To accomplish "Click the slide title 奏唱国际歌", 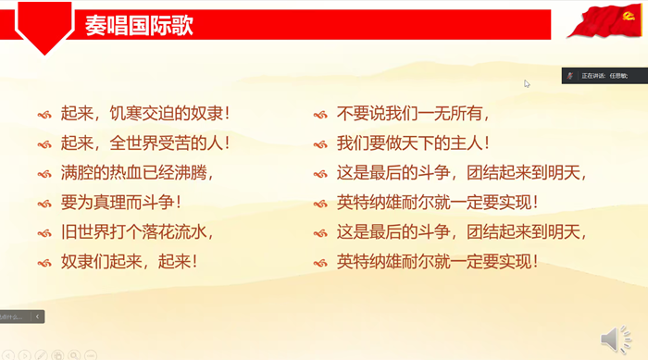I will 139,25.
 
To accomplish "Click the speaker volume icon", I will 615,339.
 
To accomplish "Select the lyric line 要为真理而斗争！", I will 121,202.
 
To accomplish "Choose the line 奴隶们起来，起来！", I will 130,261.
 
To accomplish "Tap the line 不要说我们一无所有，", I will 413,115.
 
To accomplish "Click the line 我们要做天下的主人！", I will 413,143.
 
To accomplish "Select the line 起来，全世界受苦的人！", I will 145,143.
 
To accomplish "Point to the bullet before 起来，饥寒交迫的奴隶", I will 44,116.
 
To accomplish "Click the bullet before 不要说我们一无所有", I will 320,116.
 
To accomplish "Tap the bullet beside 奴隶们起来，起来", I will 44,262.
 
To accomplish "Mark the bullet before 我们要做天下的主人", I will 320,144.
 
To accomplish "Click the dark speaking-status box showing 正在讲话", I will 604,75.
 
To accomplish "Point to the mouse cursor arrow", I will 527,83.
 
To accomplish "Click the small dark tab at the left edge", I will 21,317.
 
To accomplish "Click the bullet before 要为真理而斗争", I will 44,203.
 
